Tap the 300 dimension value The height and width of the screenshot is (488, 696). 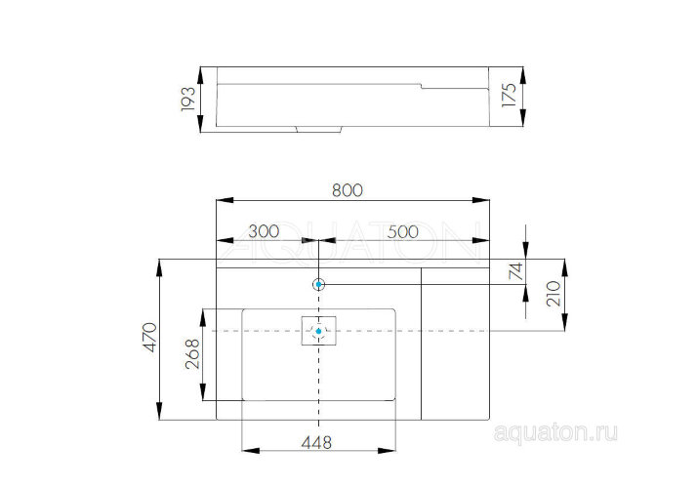point(264,231)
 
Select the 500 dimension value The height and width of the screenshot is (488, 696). point(403,231)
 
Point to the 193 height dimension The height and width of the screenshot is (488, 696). point(189,100)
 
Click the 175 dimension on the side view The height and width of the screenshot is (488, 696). point(508,100)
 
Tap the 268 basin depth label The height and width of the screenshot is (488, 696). point(192,354)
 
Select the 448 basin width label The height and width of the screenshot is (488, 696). point(316,442)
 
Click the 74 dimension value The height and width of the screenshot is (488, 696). point(517,269)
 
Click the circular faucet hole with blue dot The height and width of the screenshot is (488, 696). point(319,284)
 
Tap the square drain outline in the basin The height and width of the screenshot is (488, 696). point(318,332)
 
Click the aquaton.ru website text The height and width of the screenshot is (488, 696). point(557,430)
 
